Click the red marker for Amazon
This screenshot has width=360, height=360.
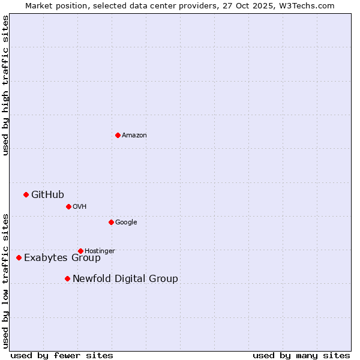tap(118, 135)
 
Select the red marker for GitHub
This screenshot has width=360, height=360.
tap(26, 194)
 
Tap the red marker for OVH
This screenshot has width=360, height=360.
tap(68, 206)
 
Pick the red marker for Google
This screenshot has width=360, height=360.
tap(111, 222)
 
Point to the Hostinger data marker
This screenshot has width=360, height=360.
tap(80, 251)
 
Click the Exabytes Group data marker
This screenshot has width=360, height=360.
tap(19, 257)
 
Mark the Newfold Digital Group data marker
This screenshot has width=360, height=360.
tap(67, 278)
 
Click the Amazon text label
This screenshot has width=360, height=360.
tap(134, 136)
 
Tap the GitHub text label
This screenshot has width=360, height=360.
tap(47, 194)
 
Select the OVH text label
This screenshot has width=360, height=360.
tap(80, 207)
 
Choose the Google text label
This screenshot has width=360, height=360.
tap(126, 223)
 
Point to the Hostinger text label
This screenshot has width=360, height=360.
tap(100, 251)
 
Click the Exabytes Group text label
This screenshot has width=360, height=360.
tap(62, 258)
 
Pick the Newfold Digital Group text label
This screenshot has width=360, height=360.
tap(125, 279)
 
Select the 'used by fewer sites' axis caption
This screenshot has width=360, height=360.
tap(62, 355)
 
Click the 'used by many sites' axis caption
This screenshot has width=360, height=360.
tap(301, 355)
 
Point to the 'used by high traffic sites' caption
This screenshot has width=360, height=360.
tap(5, 85)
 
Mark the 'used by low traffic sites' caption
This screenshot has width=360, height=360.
tap(5, 281)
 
